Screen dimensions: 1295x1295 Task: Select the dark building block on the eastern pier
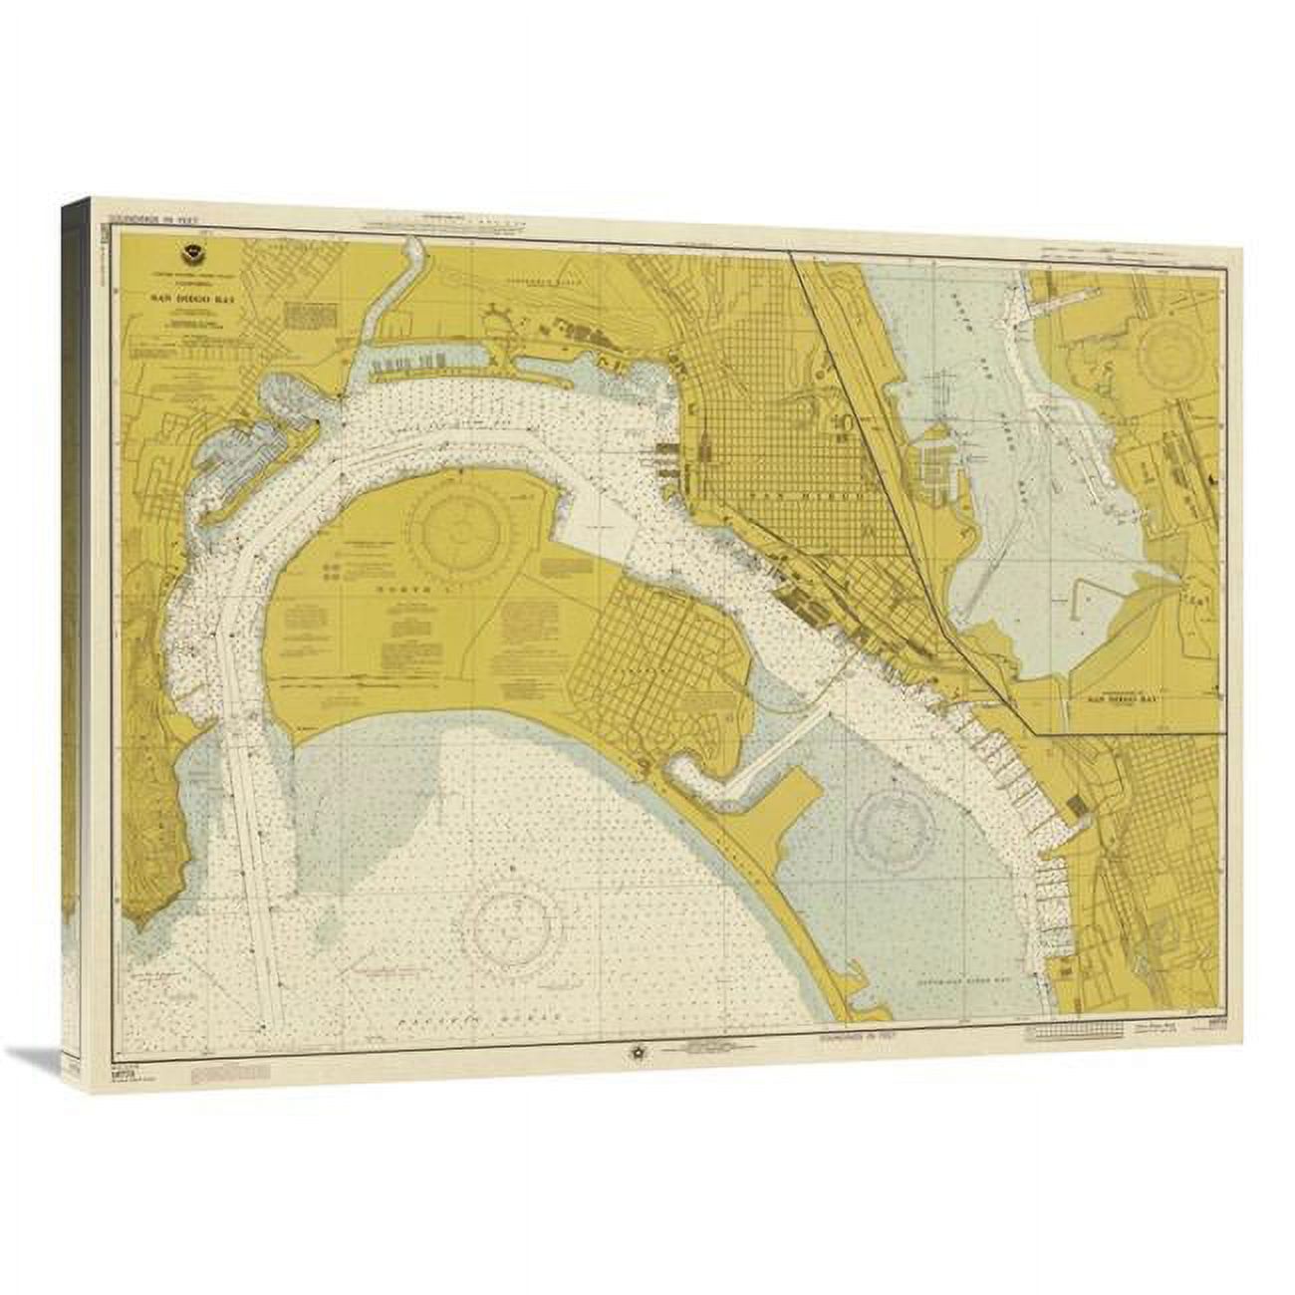click(1077, 805)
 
